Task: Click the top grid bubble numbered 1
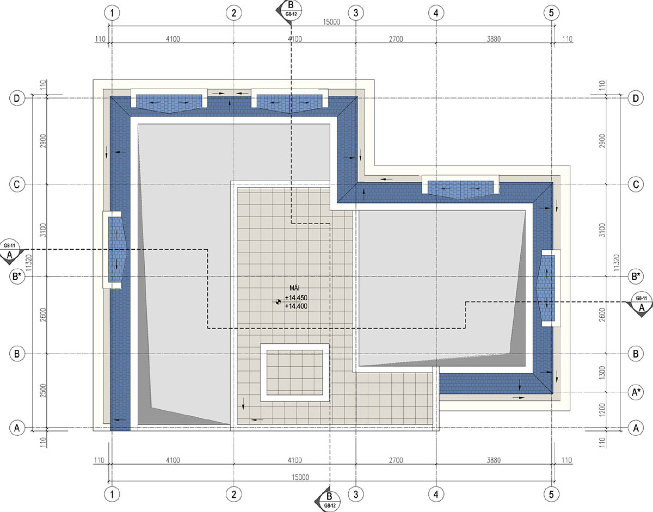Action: pyautogui.click(x=112, y=13)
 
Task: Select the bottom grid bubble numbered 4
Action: pyautogui.click(x=436, y=494)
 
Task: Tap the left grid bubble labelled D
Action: pyautogui.click(x=17, y=98)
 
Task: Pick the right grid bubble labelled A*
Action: pyautogui.click(x=636, y=392)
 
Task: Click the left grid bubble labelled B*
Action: pyautogui.click(x=17, y=276)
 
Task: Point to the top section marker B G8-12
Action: pyautogui.click(x=289, y=10)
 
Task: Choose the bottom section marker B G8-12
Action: pyautogui.click(x=328, y=500)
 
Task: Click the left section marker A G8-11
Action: pyautogui.click(x=11, y=252)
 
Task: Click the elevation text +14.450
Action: pyautogui.click(x=297, y=298)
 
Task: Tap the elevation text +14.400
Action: pyautogui.click(x=297, y=306)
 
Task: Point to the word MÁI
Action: pyautogui.click(x=294, y=288)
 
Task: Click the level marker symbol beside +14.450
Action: pyautogui.click(x=278, y=301)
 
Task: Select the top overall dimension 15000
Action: pyautogui.click(x=331, y=22)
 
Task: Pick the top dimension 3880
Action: pyautogui.click(x=494, y=39)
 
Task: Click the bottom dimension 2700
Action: pyautogui.click(x=396, y=460)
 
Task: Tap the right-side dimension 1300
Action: pyautogui.click(x=602, y=373)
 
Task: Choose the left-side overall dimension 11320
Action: pyautogui.click(x=28, y=263)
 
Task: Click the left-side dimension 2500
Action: pyautogui.click(x=44, y=390)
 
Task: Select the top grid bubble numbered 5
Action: pyautogui.click(x=551, y=13)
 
